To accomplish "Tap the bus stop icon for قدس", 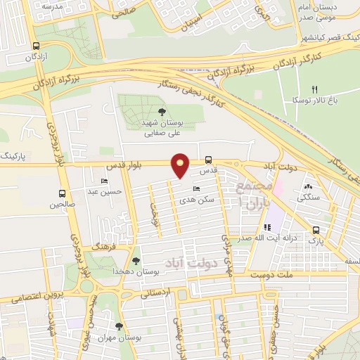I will pos(209,160).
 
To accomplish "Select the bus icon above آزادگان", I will pos(36,46).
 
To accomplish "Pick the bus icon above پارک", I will pos(316,230).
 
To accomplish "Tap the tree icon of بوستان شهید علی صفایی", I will pos(162,112).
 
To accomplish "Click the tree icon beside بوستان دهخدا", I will pos(136,261).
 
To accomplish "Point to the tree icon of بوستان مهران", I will pos(119,326).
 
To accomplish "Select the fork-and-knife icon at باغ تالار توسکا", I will pos(315,89).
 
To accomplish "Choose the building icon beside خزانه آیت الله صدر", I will pos(267,227).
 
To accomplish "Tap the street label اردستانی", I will pos(156,292).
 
